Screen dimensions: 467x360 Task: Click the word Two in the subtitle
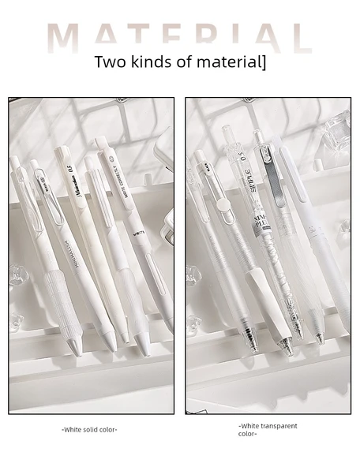(108, 62)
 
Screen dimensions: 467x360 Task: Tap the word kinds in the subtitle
(151, 62)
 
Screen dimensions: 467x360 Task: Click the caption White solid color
(89, 430)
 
